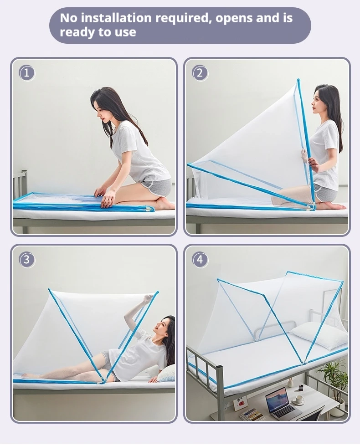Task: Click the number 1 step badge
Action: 27,73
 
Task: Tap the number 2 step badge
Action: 200,73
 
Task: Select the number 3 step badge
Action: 27,260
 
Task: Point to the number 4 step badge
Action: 200,260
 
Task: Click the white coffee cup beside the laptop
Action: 299,399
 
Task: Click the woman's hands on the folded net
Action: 104,196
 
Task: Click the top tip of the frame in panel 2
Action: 298,80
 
